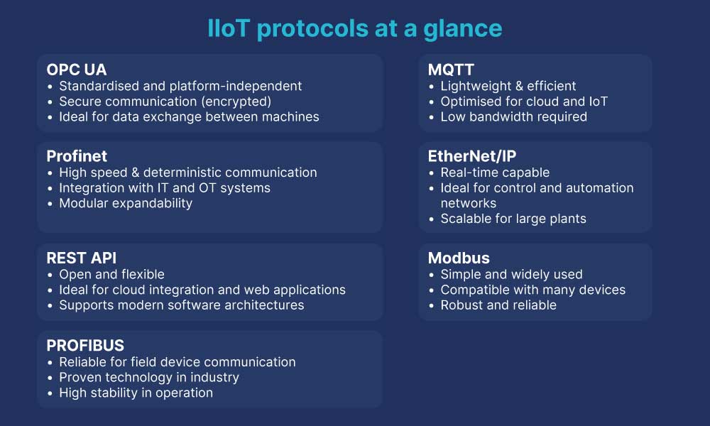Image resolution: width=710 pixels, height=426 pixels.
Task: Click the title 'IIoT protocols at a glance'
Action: point(355,28)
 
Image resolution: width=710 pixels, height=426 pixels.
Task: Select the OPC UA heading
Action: point(77,70)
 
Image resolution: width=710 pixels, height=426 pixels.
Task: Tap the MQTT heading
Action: point(451,70)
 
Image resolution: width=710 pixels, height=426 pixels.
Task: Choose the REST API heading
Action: point(82,258)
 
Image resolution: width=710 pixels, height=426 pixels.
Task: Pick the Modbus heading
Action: point(459,258)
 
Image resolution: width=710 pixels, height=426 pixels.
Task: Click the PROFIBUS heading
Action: point(85,346)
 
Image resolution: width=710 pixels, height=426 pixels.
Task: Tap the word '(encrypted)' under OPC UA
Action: point(238,102)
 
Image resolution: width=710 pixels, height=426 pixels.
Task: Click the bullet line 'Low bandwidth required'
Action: point(513,117)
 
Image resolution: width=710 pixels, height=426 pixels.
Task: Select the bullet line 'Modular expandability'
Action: point(126,204)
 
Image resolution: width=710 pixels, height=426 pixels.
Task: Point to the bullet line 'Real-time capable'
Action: point(495,173)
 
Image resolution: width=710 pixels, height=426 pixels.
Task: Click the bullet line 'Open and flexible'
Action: point(111,274)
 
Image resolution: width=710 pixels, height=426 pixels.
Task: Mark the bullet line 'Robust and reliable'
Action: point(498,305)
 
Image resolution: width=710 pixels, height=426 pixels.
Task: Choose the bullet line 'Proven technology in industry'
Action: point(149,378)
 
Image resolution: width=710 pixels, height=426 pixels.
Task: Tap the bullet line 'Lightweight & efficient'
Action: point(508,86)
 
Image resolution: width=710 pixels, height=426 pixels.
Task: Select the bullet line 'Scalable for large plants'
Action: point(513,219)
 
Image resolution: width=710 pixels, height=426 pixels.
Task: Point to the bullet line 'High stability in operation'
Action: point(136,393)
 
